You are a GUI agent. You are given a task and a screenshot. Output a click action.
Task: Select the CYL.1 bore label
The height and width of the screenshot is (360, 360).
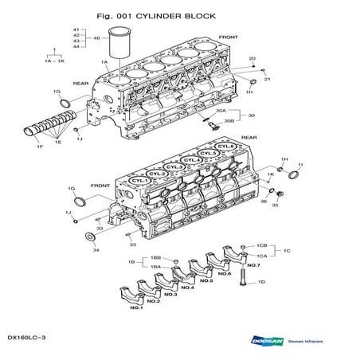(139, 182)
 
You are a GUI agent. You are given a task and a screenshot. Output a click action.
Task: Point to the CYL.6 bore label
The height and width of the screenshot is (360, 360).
(226, 147)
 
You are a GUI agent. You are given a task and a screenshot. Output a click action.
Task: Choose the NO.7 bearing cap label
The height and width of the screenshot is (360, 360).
(253, 264)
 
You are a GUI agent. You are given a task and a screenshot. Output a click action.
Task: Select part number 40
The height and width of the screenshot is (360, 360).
(96, 37)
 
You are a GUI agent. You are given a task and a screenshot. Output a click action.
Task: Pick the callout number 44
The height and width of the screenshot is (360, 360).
(76, 47)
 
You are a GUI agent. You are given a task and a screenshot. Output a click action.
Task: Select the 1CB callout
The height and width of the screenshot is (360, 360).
(261, 245)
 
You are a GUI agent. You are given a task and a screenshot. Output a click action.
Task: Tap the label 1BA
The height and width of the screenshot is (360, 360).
(155, 268)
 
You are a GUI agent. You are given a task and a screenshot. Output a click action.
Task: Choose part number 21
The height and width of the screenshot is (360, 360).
(268, 80)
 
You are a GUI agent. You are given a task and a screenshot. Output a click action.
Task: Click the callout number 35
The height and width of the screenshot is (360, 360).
(276, 205)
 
